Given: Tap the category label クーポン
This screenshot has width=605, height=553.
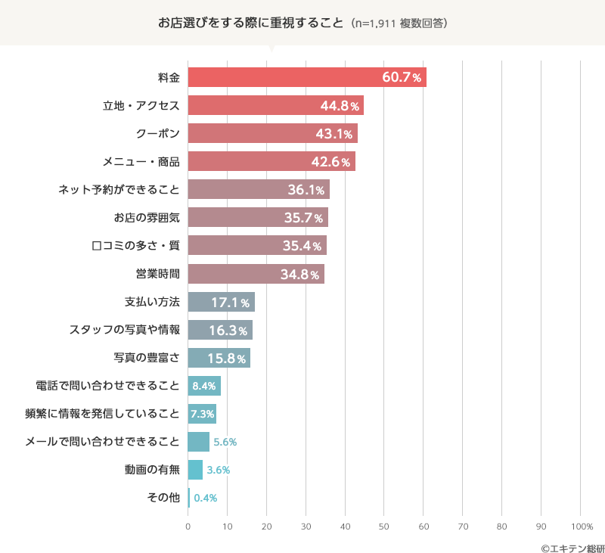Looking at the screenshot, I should [158, 133].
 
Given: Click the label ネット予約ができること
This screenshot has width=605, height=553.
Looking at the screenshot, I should [119, 189].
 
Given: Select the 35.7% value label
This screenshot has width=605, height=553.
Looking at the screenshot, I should [303, 218].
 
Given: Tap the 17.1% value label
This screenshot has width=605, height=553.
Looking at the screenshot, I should [230, 303].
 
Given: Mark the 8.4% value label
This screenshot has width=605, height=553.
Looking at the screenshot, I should [205, 387].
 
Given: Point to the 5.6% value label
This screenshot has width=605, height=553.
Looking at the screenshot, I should [225, 442].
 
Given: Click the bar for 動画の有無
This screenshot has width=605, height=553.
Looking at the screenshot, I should [195, 470].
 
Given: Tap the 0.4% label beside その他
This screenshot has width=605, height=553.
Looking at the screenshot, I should [206, 498].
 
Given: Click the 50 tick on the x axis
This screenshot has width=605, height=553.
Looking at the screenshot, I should [384, 526].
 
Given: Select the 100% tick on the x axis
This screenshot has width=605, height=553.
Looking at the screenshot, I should [582, 526].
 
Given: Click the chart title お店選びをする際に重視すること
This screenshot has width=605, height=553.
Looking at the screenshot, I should [250, 23].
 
